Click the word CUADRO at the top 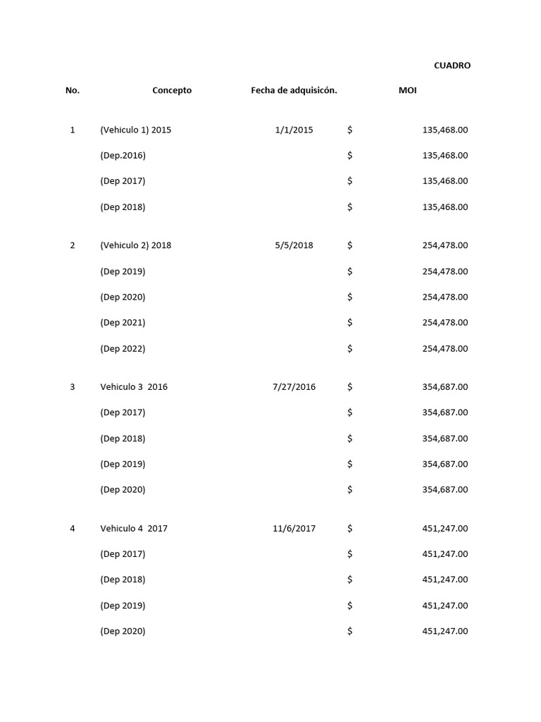tap(452, 66)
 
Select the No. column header tap(73, 90)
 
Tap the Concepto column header tap(172, 90)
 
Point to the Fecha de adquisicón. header tap(294, 90)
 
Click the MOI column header tap(407, 90)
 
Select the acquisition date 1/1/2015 tap(294, 130)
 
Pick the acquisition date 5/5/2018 tap(294, 245)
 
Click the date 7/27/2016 tap(294, 386)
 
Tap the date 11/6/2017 tap(294, 528)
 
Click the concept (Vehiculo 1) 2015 tap(135, 130)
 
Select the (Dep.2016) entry tap(123, 155)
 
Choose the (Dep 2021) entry tap(123, 322)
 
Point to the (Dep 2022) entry tap(123, 348)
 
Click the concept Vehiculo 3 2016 tap(134, 386)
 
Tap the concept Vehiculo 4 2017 tap(134, 528)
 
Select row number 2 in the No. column tap(73, 245)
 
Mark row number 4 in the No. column tap(73, 528)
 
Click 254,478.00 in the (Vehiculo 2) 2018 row tap(444, 245)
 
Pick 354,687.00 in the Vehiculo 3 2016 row tap(444, 386)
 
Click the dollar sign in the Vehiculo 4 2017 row tap(349, 528)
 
